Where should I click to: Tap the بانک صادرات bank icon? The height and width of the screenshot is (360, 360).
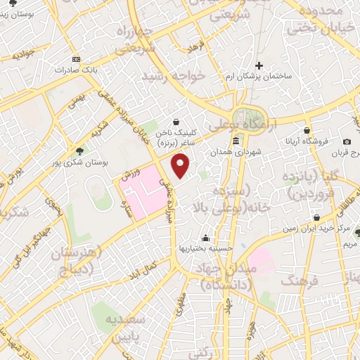tap(77, 58)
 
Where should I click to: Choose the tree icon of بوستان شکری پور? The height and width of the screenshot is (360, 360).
tap(79, 150)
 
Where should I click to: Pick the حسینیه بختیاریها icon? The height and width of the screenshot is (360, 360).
tap(204, 237)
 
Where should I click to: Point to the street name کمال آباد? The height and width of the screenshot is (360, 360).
tap(161, 266)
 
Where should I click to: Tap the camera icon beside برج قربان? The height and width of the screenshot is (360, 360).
tap(347, 143)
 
